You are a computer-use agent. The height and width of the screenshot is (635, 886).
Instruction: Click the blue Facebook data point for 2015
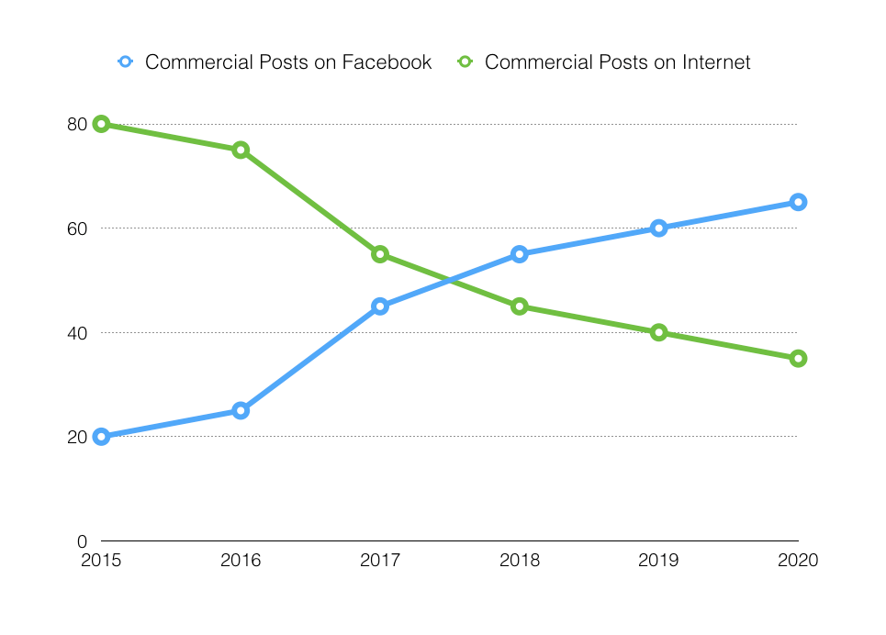coord(101,437)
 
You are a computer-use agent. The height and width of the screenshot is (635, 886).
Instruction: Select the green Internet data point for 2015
coord(101,124)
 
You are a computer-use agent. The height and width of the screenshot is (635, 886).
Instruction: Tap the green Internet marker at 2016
coord(241,150)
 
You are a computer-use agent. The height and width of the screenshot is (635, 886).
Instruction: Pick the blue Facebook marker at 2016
coord(241,410)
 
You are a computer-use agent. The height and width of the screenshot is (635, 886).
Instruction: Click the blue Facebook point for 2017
coord(380,306)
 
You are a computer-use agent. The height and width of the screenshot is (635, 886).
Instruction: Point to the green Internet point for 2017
coord(380,254)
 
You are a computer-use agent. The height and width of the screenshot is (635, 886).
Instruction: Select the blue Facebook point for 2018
coord(520,254)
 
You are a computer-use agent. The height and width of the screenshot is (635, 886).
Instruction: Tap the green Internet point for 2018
coord(520,306)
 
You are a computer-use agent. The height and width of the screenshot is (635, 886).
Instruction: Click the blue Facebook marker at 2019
coord(658,228)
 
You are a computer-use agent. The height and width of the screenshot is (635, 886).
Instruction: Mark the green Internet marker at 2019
coord(658,332)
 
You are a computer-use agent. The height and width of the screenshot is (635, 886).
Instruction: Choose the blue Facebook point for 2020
coord(798,202)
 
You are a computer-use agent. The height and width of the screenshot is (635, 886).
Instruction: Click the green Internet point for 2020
coord(798,358)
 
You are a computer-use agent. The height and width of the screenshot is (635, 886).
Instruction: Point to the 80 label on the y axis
coord(77,124)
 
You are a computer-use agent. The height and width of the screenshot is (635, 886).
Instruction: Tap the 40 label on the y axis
coord(77,332)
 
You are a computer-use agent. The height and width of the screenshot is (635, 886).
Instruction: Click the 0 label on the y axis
coord(82,540)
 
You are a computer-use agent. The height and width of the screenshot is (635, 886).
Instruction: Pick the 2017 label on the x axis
coord(380,560)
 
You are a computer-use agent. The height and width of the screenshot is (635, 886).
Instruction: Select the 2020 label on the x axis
coord(798,560)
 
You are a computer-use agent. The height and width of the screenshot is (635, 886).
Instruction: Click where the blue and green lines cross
coord(450,280)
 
